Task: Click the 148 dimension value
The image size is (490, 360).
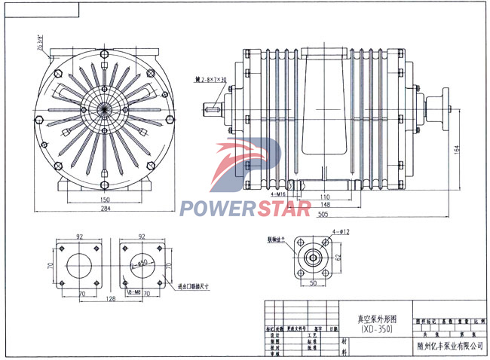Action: [325, 203]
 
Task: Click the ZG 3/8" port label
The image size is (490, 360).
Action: [38, 43]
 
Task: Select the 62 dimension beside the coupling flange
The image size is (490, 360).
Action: [338, 257]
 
